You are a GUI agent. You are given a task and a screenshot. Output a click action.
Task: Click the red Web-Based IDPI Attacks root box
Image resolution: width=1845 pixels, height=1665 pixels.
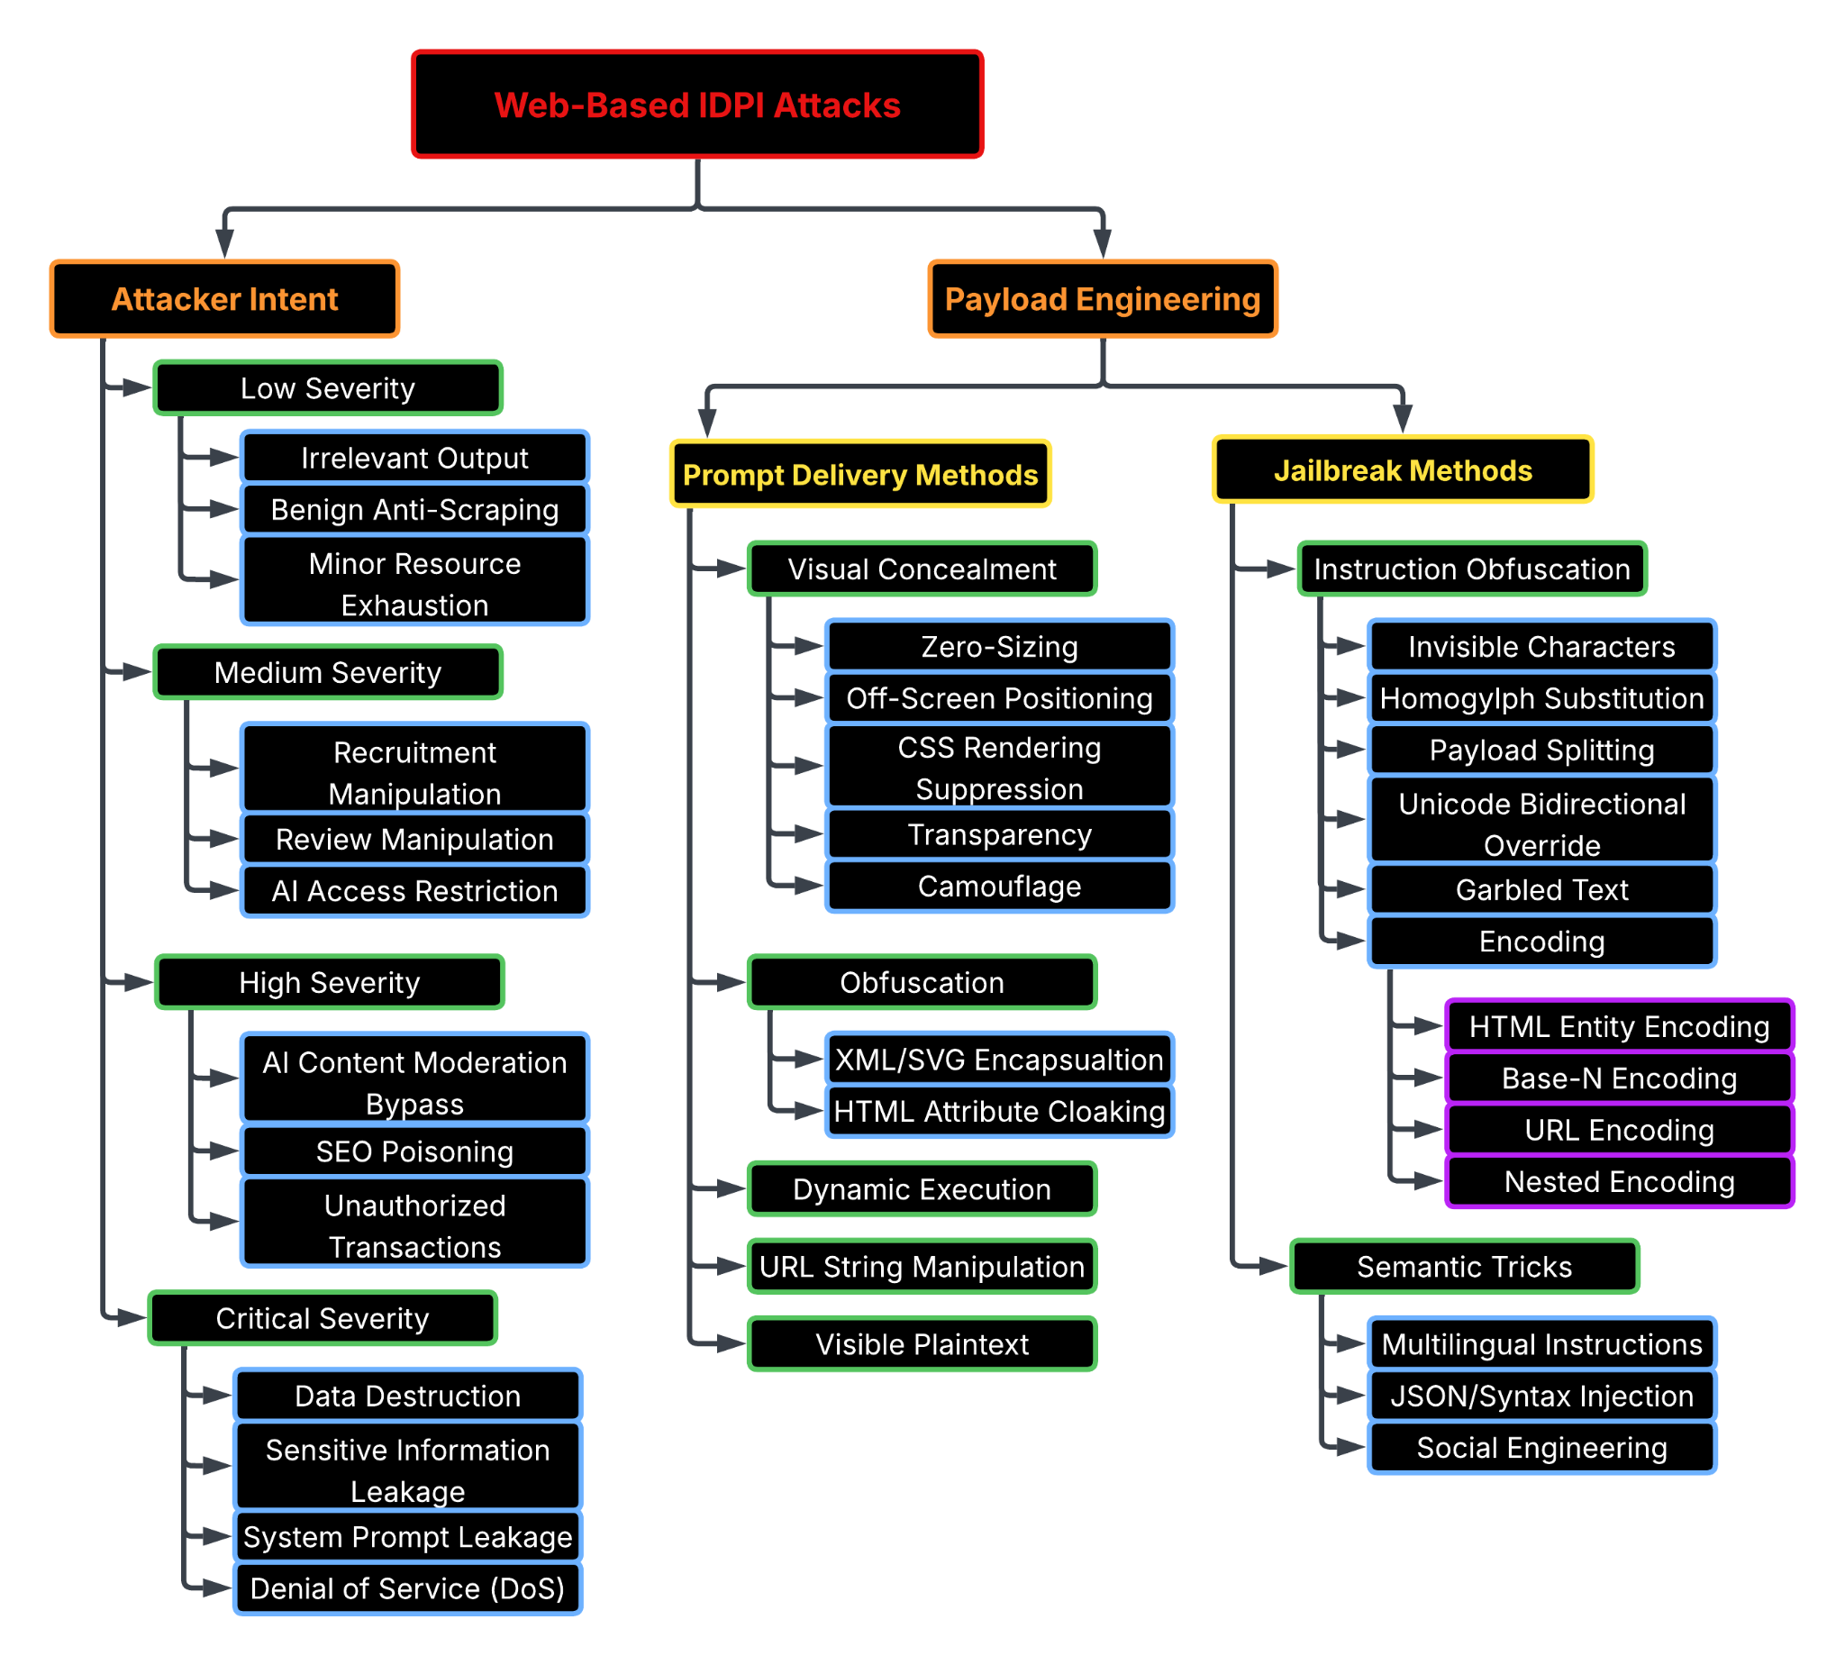(696, 105)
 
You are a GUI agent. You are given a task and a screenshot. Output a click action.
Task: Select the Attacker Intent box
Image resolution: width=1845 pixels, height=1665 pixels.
(224, 298)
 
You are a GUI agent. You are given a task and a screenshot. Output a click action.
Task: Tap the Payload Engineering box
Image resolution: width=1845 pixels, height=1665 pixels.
(1102, 298)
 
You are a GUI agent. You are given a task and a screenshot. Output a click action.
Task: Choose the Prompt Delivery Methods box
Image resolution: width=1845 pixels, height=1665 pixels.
(859, 474)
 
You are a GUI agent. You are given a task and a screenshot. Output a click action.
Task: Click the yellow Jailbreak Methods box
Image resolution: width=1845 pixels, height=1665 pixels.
(1402, 469)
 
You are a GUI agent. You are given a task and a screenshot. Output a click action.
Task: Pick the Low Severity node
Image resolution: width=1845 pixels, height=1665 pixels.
(328, 388)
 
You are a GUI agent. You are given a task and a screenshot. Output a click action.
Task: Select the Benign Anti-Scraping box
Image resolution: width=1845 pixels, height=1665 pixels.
(414, 509)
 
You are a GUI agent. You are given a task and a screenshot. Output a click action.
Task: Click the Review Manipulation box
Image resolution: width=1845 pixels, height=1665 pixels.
(414, 838)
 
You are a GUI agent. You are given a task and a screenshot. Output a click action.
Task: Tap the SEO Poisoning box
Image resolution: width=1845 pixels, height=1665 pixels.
(414, 1150)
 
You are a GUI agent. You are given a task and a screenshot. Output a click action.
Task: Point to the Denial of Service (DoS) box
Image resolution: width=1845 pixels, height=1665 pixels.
(407, 1588)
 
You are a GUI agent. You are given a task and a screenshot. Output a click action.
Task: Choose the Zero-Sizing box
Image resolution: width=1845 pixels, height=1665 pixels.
(999, 646)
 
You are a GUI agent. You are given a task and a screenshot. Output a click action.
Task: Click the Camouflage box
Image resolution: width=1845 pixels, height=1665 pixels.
(999, 886)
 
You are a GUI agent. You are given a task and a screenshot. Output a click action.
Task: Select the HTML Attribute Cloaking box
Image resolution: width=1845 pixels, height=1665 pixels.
(999, 1110)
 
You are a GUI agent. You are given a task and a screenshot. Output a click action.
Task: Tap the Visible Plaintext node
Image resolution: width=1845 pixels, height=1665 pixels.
(921, 1343)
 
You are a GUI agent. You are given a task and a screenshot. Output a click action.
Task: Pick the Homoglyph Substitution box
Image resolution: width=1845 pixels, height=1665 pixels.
(1541, 697)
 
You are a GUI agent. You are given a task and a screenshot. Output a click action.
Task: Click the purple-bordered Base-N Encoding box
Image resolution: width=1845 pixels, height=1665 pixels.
(1618, 1078)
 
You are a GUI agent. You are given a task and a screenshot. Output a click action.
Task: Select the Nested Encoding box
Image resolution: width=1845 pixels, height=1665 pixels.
(1618, 1181)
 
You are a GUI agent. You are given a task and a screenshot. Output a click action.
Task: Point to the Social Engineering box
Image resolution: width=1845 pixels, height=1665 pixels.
(1541, 1446)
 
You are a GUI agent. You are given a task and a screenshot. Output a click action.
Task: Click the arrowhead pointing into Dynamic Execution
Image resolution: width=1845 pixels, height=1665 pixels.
(732, 1188)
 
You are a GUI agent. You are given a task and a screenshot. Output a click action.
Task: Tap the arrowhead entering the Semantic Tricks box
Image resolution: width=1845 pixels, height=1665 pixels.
(1273, 1265)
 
